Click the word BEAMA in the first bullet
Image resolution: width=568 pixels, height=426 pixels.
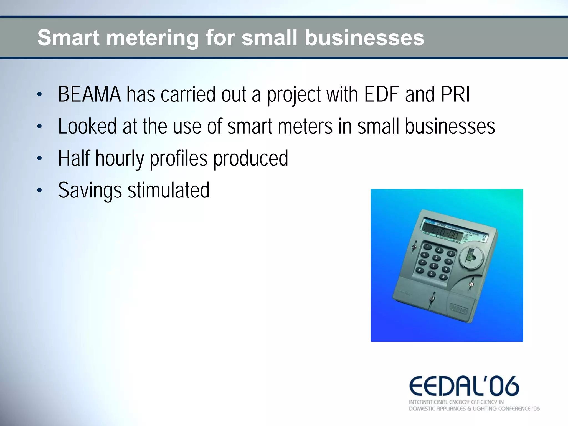89,95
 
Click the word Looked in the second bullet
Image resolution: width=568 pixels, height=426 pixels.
87,127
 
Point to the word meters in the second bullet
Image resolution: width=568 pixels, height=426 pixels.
305,127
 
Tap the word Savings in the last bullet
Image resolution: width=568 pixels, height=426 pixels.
90,191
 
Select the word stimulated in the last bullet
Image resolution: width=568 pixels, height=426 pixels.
168,190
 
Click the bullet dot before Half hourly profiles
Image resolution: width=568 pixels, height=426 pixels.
40,159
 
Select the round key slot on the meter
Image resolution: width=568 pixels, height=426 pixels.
471,255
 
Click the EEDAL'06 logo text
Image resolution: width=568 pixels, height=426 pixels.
464,387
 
